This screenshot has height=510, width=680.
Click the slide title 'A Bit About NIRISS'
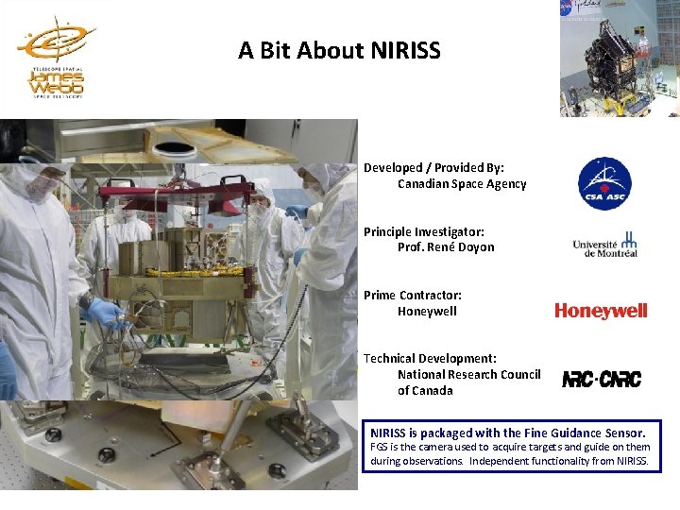339,50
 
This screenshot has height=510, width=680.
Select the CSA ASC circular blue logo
604,184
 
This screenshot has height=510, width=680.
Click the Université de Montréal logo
605,245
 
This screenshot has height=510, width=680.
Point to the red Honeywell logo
601,311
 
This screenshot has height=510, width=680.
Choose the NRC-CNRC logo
602,379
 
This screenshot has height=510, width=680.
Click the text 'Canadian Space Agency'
462,184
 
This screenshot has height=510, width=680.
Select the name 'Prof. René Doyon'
446,247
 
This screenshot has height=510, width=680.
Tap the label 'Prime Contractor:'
413,295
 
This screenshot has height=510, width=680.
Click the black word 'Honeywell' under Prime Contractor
427,311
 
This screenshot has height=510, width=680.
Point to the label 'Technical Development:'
430,358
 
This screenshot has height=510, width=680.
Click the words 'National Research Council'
468,374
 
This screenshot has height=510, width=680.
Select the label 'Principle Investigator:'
424,231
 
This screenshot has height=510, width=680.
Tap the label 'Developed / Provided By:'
434,168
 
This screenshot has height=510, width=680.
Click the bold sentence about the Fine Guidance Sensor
508,433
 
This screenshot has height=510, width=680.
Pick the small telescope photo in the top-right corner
619,59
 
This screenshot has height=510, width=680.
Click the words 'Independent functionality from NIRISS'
569,462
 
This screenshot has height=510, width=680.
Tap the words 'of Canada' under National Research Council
425,390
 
